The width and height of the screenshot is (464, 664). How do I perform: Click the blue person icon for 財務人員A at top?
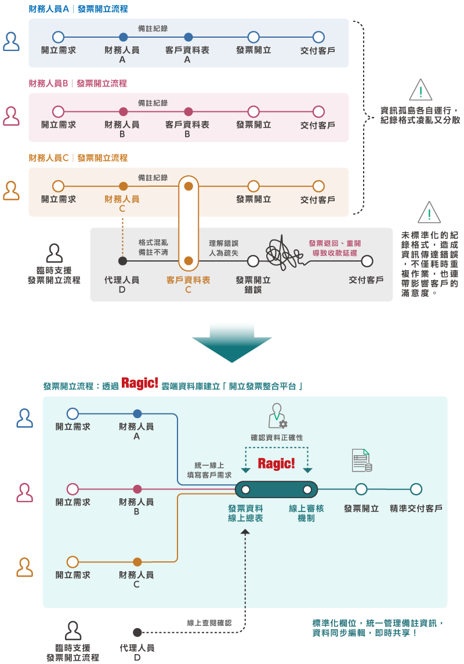(x=12, y=42)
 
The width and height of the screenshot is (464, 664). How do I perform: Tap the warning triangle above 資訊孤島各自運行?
(x=420, y=90)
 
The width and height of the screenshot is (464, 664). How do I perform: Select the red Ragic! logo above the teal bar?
(x=276, y=463)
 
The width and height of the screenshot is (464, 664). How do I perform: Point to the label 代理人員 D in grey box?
(x=122, y=284)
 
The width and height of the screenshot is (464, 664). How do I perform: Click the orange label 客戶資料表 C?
(x=188, y=284)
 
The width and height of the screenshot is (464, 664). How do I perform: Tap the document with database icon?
(x=362, y=460)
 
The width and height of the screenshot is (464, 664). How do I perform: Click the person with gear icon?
(x=277, y=416)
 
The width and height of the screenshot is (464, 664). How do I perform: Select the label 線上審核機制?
(x=306, y=513)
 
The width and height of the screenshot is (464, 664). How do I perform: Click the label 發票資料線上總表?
(x=245, y=513)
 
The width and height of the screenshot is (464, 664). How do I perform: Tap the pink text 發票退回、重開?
(x=334, y=244)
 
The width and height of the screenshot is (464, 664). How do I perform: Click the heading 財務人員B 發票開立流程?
(x=78, y=84)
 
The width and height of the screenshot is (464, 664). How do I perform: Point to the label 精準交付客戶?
(x=416, y=509)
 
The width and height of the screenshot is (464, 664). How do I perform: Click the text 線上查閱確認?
(x=209, y=622)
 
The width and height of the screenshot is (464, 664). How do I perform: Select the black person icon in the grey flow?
(x=54, y=253)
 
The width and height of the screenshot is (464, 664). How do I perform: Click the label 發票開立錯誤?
(x=253, y=284)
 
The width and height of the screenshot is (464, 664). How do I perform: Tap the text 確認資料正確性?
(x=277, y=437)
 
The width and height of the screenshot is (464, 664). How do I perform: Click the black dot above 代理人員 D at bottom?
(x=137, y=632)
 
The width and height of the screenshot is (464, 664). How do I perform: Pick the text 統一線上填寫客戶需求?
(x=209, y=470)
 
